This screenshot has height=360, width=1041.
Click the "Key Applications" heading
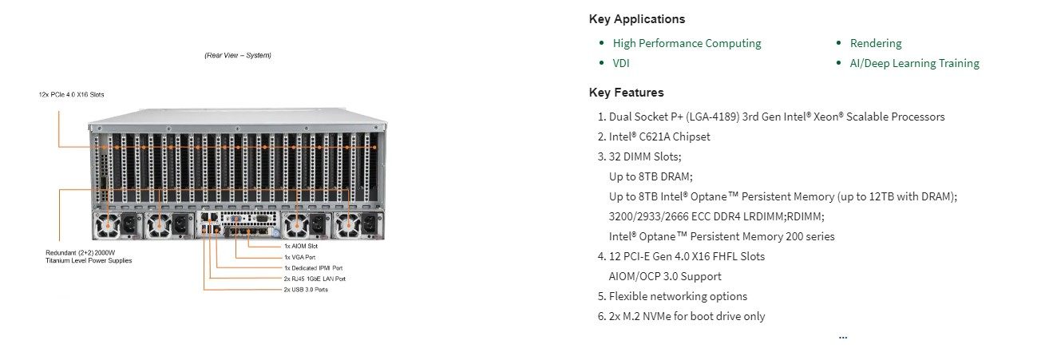pos(637,19)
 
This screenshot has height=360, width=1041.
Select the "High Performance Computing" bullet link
pos(687,43)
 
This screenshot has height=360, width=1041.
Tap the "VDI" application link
pos(621,63)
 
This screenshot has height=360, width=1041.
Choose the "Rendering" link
pos(876,43)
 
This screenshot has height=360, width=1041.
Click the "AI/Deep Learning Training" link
pos(915,63)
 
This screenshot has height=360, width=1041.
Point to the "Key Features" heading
pos(626,93)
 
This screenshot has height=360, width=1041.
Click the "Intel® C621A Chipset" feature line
pos(659,136)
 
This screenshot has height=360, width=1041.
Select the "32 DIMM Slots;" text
pos(645,156)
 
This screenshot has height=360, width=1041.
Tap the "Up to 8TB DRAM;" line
pos(651,176)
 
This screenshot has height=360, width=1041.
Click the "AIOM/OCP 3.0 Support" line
pos(665,276)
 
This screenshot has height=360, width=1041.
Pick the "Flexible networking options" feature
pos(678,296)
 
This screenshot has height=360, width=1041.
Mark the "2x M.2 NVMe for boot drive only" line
pos(687,316)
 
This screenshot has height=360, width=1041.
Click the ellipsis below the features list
pos(843,337)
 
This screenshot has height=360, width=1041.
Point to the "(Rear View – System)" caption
pos(238,55)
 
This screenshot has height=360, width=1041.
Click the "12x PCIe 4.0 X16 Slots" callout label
pos(72,95)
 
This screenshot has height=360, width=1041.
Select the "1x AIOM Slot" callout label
pos(301,246)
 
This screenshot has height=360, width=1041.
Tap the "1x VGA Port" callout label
pos(299,257)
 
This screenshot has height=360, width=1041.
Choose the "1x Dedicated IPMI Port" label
pos(313,268)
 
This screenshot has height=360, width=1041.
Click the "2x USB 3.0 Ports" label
pos(306,290)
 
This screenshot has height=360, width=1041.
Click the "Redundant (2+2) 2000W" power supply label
pos(81,253)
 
